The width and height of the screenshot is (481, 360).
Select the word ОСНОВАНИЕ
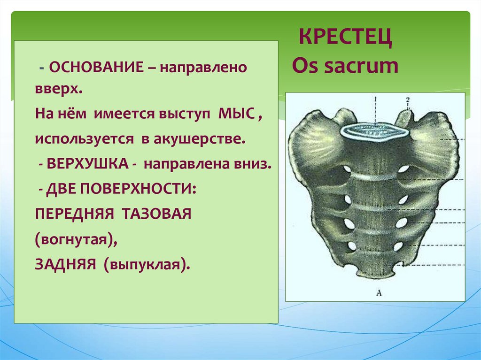[96, 67]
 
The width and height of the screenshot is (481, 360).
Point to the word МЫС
[237, 115]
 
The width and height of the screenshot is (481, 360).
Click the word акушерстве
[200, 139]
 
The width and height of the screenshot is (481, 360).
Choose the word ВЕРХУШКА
[87, 164]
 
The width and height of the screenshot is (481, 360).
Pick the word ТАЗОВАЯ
[156, 214]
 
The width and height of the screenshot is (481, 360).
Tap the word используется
[85, 139]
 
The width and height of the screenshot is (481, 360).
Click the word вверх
[59, 90]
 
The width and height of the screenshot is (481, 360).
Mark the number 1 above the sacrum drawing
[375, 100]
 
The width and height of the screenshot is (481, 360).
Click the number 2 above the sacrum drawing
[408, 100]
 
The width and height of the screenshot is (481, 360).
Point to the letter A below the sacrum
[379, 293]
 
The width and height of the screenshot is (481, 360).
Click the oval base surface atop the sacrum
[374, 131]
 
